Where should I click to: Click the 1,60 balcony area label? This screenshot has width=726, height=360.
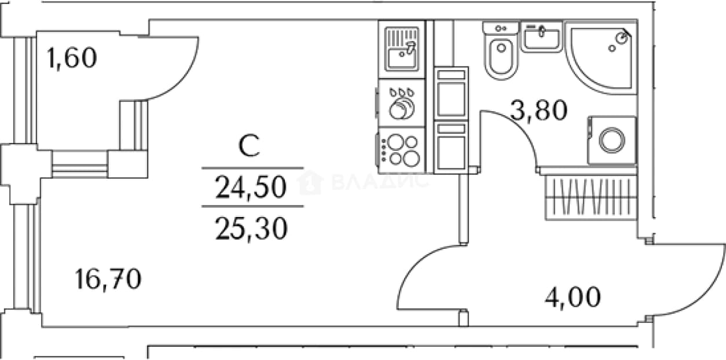click(72, 58)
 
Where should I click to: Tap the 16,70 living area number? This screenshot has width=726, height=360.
click(108, 280)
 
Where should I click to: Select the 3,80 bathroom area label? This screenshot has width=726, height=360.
click(538, 111)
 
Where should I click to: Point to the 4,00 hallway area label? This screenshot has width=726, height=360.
click(573, 297)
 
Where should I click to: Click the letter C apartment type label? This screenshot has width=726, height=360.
click(249, 145)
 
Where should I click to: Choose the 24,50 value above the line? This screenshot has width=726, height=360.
click(251, 187)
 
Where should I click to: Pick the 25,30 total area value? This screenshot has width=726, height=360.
click(251, 229)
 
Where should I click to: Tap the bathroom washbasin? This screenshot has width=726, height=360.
click(541, 36)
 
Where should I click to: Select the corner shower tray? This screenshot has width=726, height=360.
click(601, 58)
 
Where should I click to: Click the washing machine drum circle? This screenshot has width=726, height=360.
click(612, 141)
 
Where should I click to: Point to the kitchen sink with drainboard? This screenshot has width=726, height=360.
click(402, 49)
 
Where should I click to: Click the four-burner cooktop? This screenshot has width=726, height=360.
click(401, 150)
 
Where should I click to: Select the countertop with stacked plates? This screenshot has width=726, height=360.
click(402, 103)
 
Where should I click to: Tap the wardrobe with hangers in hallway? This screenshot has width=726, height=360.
click(591, 197)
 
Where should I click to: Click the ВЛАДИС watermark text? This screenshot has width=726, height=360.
click(380, 182)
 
